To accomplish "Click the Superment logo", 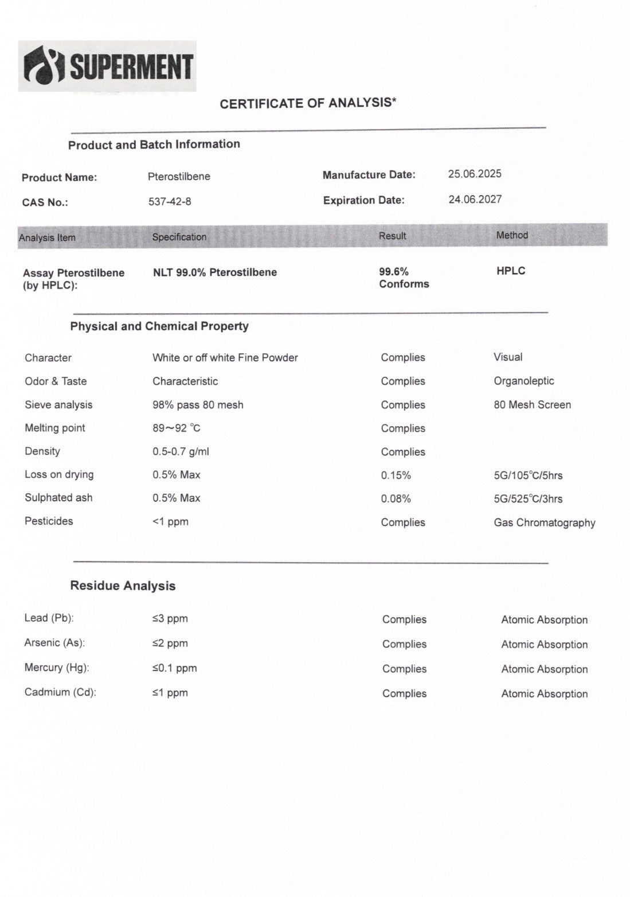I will [x=107, y=66].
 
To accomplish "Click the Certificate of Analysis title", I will [x=308, y=103].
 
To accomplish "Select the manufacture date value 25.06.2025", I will [x=475, y=174].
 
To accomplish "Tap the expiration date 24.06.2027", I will [x=475, y=200].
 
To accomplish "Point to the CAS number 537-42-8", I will [x=170, y=202].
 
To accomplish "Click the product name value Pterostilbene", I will [x=179, y=177].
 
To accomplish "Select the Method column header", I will [x=512, y=235].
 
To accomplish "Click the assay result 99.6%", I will [x=394, y=272].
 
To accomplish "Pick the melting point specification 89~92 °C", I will [x=177, y=428].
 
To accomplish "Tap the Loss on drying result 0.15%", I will [x=396, y=475].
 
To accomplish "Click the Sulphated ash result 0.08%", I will [x=396, y=499].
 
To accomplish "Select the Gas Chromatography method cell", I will [x=544, y=522].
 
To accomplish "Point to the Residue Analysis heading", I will [x=123, y=586].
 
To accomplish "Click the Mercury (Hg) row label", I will [x=57, y=668].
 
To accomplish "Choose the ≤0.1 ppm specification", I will [x=174, y=668].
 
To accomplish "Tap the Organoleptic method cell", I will [x=523, y=381].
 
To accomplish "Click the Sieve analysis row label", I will [x=58, y=405].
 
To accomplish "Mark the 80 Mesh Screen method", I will [x=532, y=405].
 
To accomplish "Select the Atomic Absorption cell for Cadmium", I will [x=544, y=694].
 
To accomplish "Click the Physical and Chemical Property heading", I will [x=159, y=326].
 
